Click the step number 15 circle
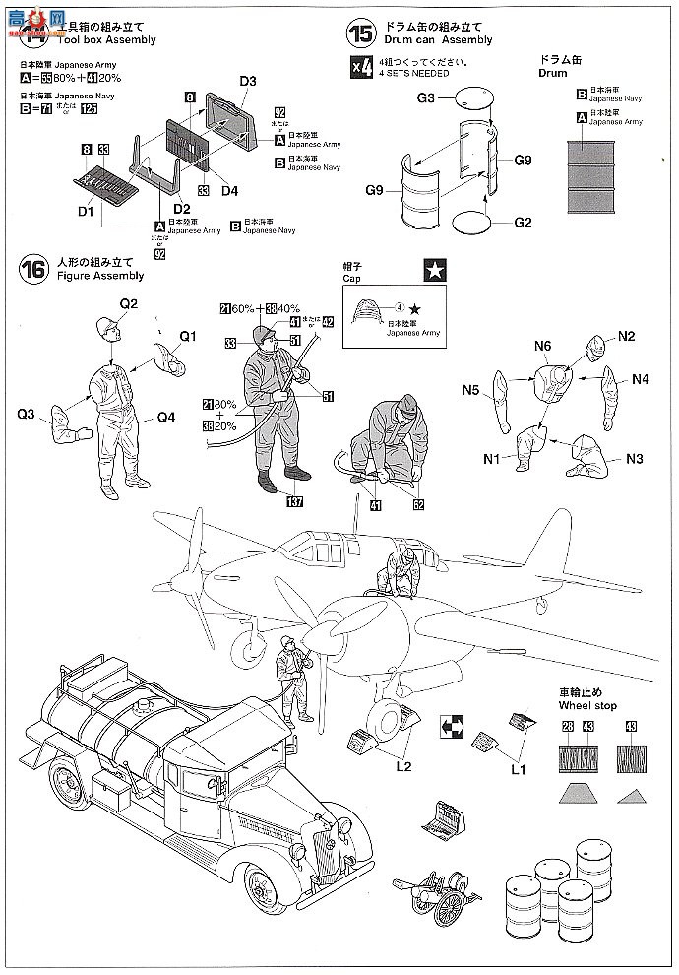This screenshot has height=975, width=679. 361,32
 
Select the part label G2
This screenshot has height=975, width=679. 523,223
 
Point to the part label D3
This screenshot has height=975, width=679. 247,81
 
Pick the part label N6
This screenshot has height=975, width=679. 544,345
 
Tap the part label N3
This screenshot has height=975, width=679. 634,458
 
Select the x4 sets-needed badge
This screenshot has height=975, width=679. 361,67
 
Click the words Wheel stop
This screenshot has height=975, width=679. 586,706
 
